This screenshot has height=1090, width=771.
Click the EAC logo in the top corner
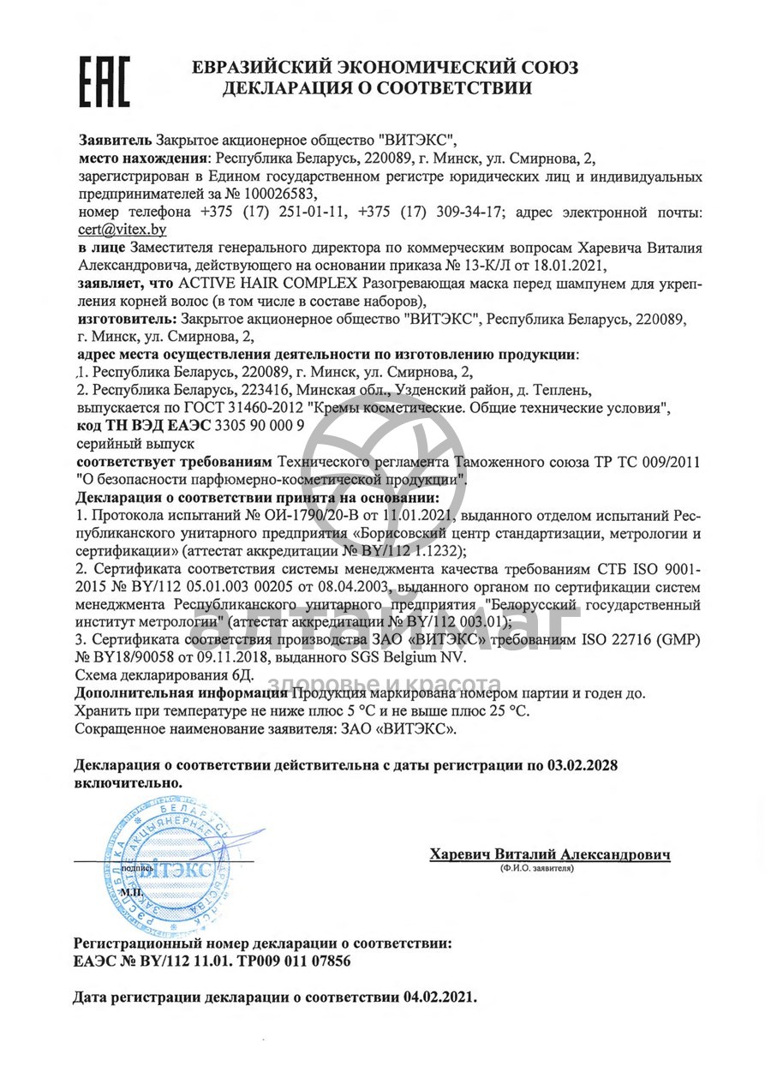tap(105, 81)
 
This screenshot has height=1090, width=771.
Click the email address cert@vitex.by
tap(121, 230)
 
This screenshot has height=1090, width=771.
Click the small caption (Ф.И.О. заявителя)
tap(537, 868)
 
